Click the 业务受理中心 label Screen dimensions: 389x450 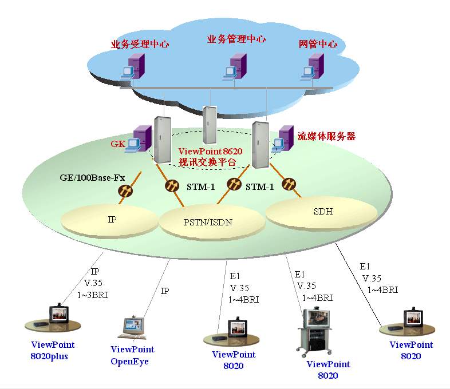(x=140, y=44)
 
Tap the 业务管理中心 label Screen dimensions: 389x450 (x=236, y=39)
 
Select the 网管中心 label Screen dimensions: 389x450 (x=318, y=44)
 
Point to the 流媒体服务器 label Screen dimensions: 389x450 (x=326, y=137)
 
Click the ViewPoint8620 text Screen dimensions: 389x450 (x=211, y=152)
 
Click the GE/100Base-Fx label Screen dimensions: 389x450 (x=92, y=177)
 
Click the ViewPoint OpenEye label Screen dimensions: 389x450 (x=132, y=355)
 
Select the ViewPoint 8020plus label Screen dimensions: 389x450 (x=53, y=350)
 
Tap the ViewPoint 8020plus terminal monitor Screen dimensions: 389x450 (x=60, y=314)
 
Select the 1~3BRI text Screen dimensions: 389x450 (x=92, y=295)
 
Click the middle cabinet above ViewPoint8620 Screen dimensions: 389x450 (x=211, y=124)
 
